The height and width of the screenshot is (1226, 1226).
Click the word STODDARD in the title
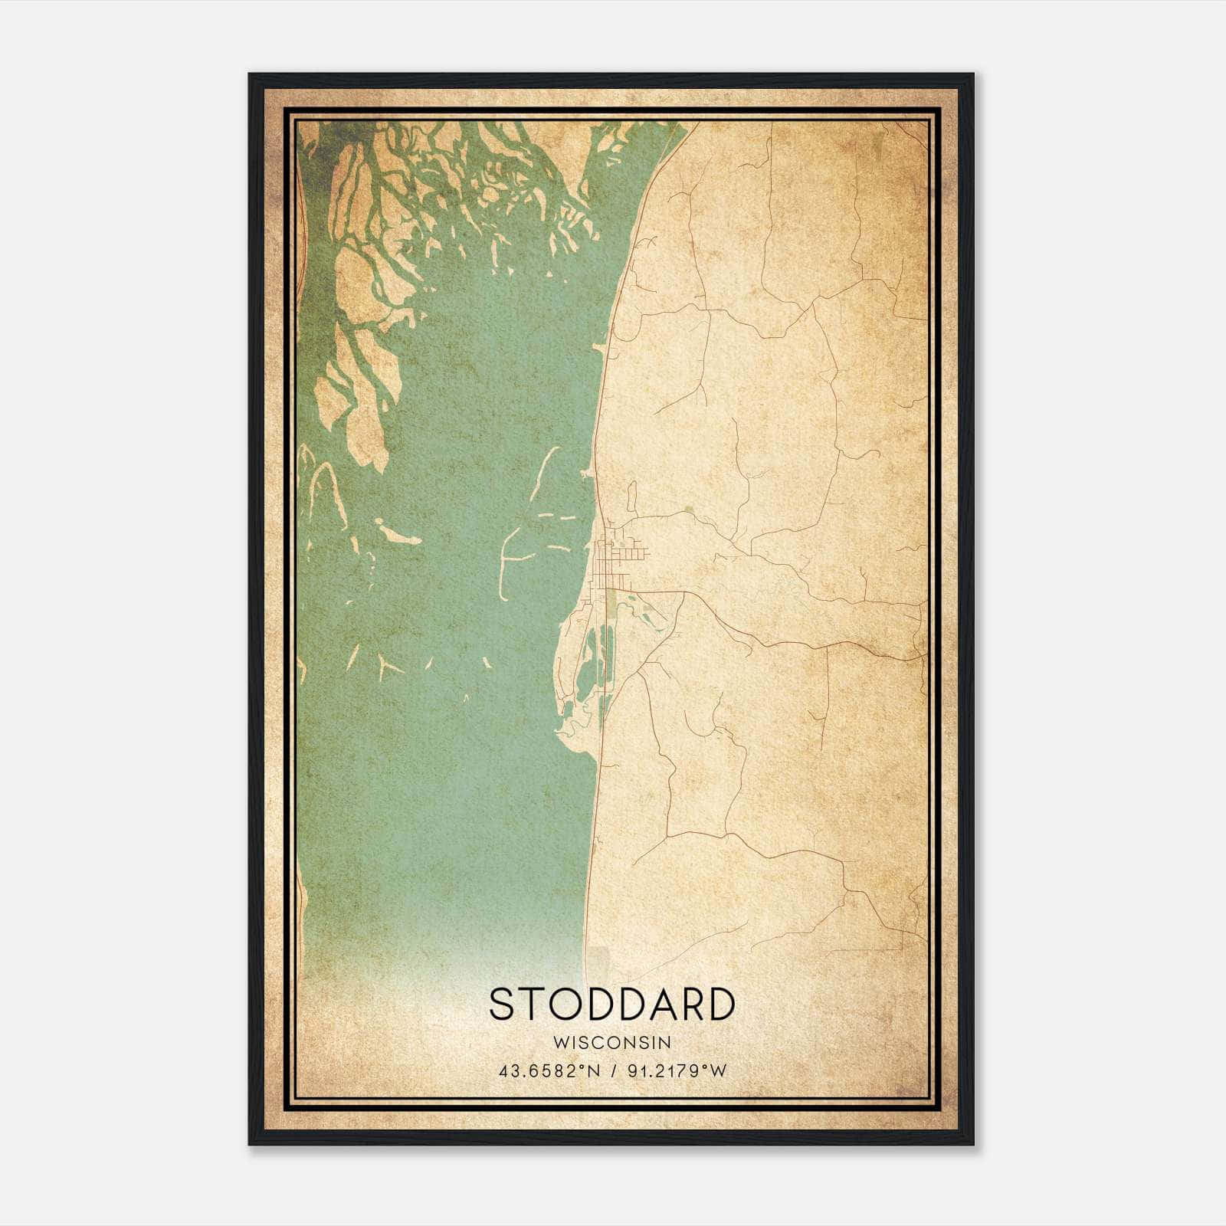(611, 1005)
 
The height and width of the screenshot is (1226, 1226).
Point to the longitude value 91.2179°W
(676, 1071)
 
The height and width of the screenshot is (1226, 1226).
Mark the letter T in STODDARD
(533, 1005)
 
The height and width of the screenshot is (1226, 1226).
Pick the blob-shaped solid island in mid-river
(398, 533)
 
